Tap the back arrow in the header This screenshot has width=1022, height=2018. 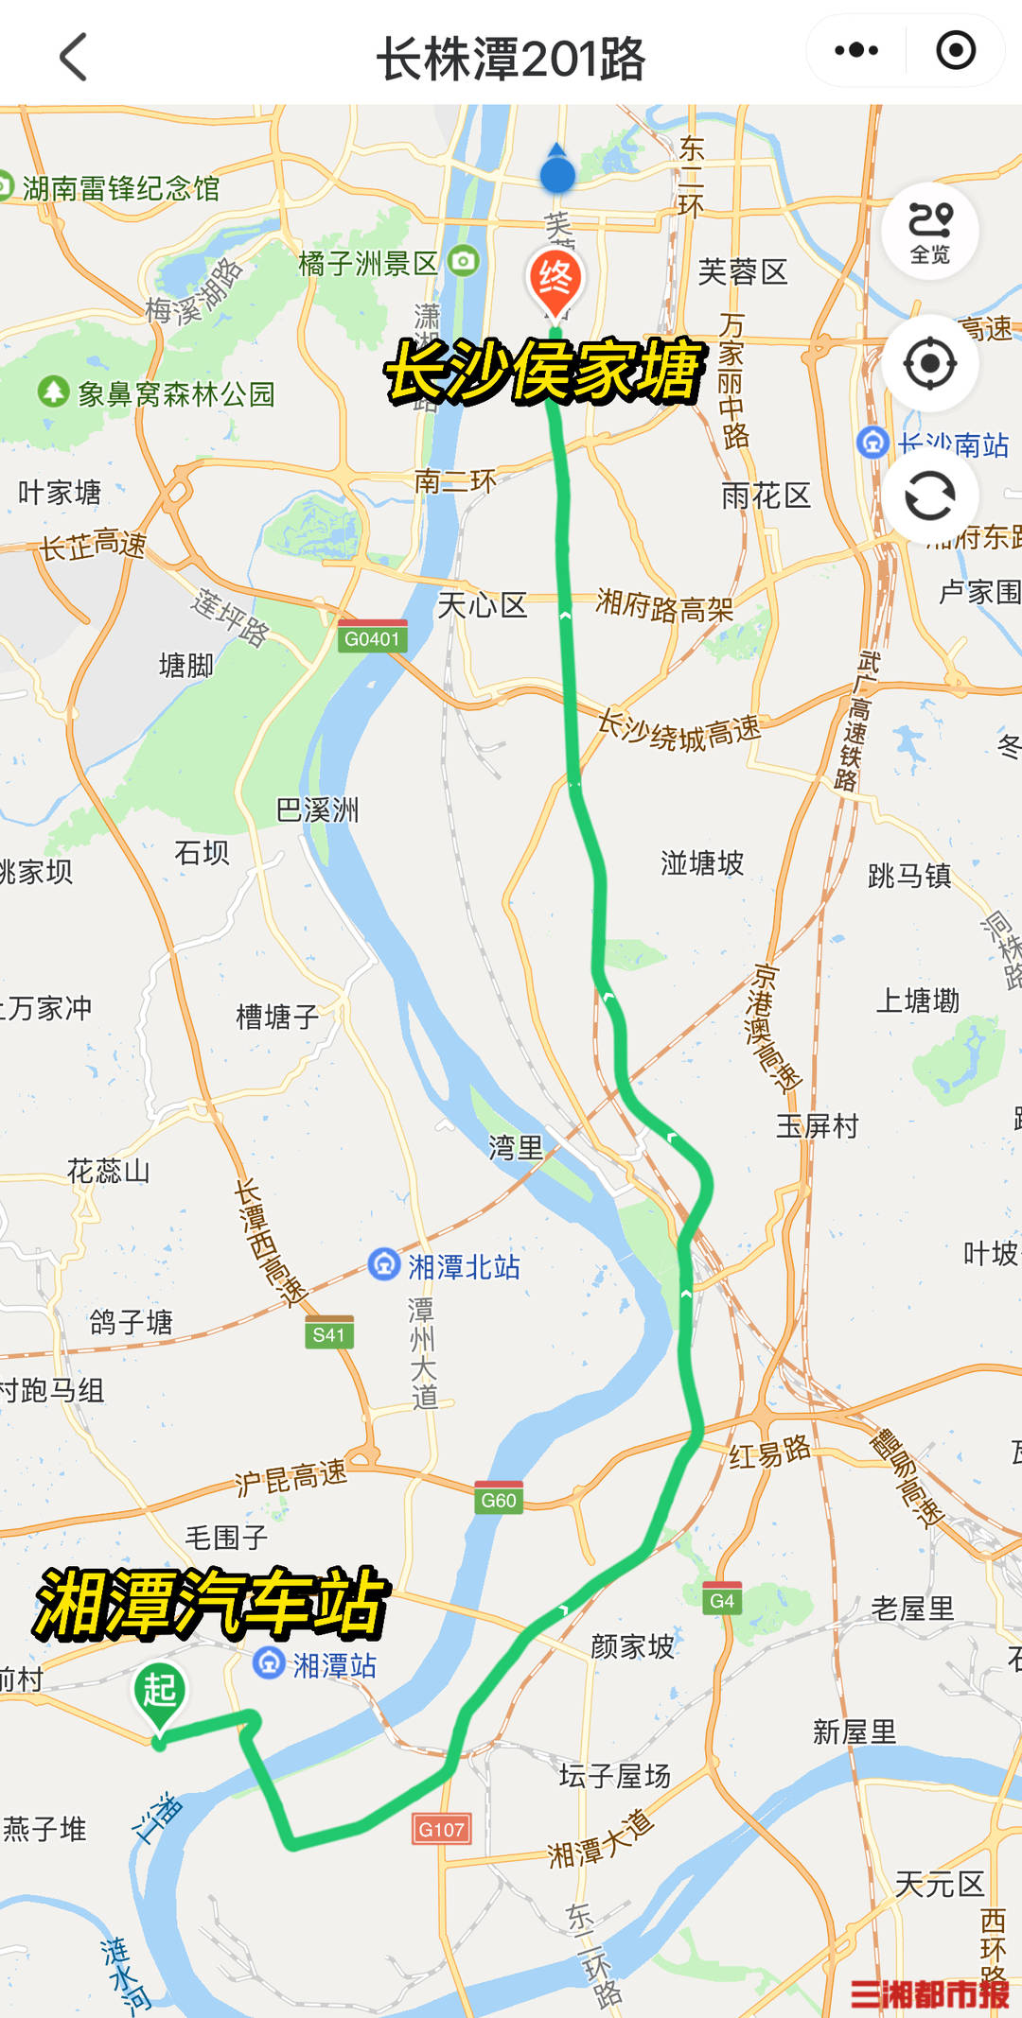(74, 57)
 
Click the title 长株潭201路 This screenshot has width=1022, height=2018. (511, 59)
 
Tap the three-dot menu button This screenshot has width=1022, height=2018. (856, 50)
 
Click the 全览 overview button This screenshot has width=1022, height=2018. (930, 231)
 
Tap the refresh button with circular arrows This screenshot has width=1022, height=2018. (930, 496)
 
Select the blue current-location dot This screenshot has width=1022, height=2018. (557, 174)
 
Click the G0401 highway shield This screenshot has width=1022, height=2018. (373, 638)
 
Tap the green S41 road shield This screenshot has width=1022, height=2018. (329, 1333)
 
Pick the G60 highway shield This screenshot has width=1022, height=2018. (499, 1499)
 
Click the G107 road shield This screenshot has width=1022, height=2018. (441, 1829)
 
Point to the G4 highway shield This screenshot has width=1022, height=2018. (722, 1600)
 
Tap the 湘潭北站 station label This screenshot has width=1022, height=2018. (445, 1266)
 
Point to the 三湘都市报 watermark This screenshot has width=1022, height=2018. (929, 1992)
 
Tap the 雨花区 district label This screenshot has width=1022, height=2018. (766, 496)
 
